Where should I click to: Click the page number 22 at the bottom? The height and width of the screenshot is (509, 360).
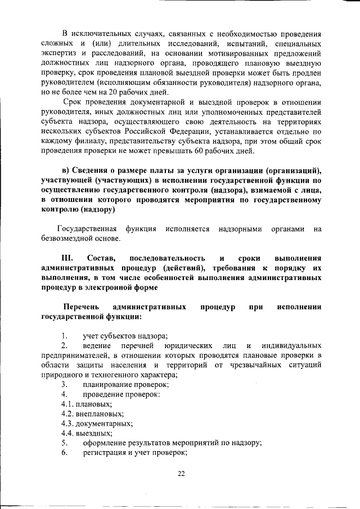click(x=181, y=473)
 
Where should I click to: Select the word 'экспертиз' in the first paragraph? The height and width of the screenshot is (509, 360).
click(x=58, y=53)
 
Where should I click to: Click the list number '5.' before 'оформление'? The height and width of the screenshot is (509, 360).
click(x=65, y=443)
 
